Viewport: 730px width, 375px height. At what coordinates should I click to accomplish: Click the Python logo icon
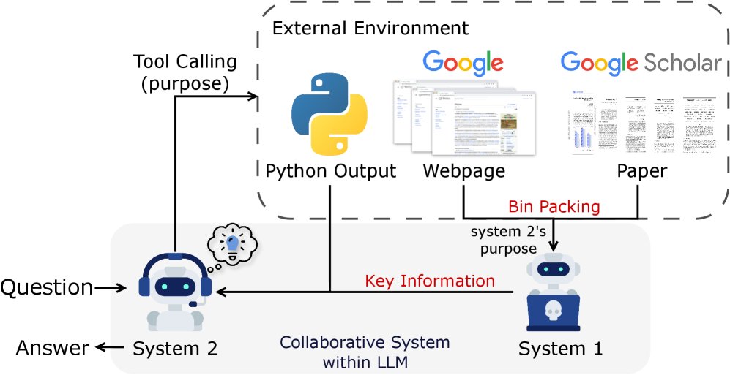[329, 120]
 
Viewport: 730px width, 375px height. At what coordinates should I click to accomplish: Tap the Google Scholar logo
[641, 63]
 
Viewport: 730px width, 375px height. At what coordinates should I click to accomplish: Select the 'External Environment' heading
[370, 29]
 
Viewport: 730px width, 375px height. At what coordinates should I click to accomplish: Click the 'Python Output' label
[330, 171]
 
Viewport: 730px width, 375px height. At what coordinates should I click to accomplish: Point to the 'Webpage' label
[463, 171]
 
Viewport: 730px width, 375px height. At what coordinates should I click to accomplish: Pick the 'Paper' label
[642, 171]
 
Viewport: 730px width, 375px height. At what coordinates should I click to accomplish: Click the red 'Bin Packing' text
[554, 207]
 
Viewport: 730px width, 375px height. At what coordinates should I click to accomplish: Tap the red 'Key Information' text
[430, 281]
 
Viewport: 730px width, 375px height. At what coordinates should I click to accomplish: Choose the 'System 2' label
[175, 349]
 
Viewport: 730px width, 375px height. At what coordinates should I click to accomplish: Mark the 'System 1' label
[560, 349]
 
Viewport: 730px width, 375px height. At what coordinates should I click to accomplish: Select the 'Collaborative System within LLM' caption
[365, 350]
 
